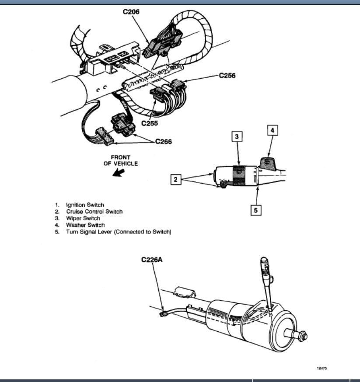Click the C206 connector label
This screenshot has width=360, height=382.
[x=131, y=12]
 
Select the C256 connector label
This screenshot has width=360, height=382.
[x=227, y=76]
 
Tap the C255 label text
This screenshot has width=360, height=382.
[x=150, y=124]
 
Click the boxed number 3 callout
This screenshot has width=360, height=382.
[x=236, y=136]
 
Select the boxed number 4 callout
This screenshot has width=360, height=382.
[x=272, y=130]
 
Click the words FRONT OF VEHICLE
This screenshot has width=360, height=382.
[x=120, y=160]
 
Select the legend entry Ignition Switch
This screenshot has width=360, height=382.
[x=85, y=205]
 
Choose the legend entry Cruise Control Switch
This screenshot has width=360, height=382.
[x=94, y=212]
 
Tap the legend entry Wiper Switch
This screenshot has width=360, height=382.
[x=83, y=218]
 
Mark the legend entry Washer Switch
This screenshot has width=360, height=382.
[x=85, y=225]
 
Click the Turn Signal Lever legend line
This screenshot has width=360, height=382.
[x=118, y=232]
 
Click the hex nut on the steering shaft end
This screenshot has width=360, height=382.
[x=301, y=336]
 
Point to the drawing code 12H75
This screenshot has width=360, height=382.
[x=322, y=368]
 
